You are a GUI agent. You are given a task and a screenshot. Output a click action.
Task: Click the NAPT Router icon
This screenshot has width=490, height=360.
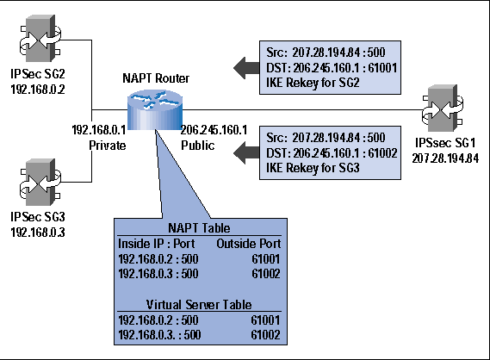(x=155, y=109)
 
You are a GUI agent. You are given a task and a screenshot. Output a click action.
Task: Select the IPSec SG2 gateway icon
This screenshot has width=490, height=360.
(x=40, y=39)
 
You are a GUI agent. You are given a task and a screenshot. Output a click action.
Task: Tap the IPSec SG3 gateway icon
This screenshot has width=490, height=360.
(x=40, y=183)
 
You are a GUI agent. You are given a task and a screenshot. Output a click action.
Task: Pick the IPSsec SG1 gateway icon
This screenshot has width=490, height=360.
(x=443, y=109)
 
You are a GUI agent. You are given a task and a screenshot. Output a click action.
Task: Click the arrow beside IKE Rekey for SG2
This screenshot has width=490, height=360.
(x=246, y=68)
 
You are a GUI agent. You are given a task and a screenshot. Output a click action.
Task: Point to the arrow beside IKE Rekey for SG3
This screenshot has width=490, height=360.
(x=246, y=152)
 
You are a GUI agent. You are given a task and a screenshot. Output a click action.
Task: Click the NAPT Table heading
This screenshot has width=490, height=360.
(x=199, y=228)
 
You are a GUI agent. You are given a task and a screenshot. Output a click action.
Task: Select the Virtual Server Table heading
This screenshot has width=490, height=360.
(x=199, y=304)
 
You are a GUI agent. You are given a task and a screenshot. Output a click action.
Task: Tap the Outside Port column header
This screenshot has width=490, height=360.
(x=249, y=244)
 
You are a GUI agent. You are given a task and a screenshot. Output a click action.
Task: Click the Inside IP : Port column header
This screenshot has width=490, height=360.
(x=156, y=244)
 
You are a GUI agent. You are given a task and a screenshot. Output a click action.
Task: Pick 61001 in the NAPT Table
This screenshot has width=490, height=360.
(x=266, y=258)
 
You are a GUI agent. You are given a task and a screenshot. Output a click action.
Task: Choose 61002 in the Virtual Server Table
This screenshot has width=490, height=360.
(x=265, y=335)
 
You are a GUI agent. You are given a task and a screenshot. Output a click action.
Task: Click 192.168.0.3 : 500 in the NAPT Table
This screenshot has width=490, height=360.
(x=158, y=274)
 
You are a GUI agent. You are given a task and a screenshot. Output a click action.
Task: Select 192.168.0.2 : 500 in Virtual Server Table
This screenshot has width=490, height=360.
(x=158, y=320)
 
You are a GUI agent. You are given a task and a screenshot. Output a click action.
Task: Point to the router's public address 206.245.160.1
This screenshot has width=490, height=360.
(x=214, y=130)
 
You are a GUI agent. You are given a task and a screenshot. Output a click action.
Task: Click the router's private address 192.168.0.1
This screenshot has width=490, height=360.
(x=99, y=130)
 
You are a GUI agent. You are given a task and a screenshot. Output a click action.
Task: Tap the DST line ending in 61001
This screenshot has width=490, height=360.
(x=332, y=68)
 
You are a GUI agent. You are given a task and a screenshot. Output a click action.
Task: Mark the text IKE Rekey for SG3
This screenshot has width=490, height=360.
(x=313, y=168)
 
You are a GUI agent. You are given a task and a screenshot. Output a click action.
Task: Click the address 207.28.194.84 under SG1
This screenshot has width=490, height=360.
(x=445, y=158)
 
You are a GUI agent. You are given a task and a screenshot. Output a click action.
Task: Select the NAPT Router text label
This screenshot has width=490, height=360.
(x=156, y=78)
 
